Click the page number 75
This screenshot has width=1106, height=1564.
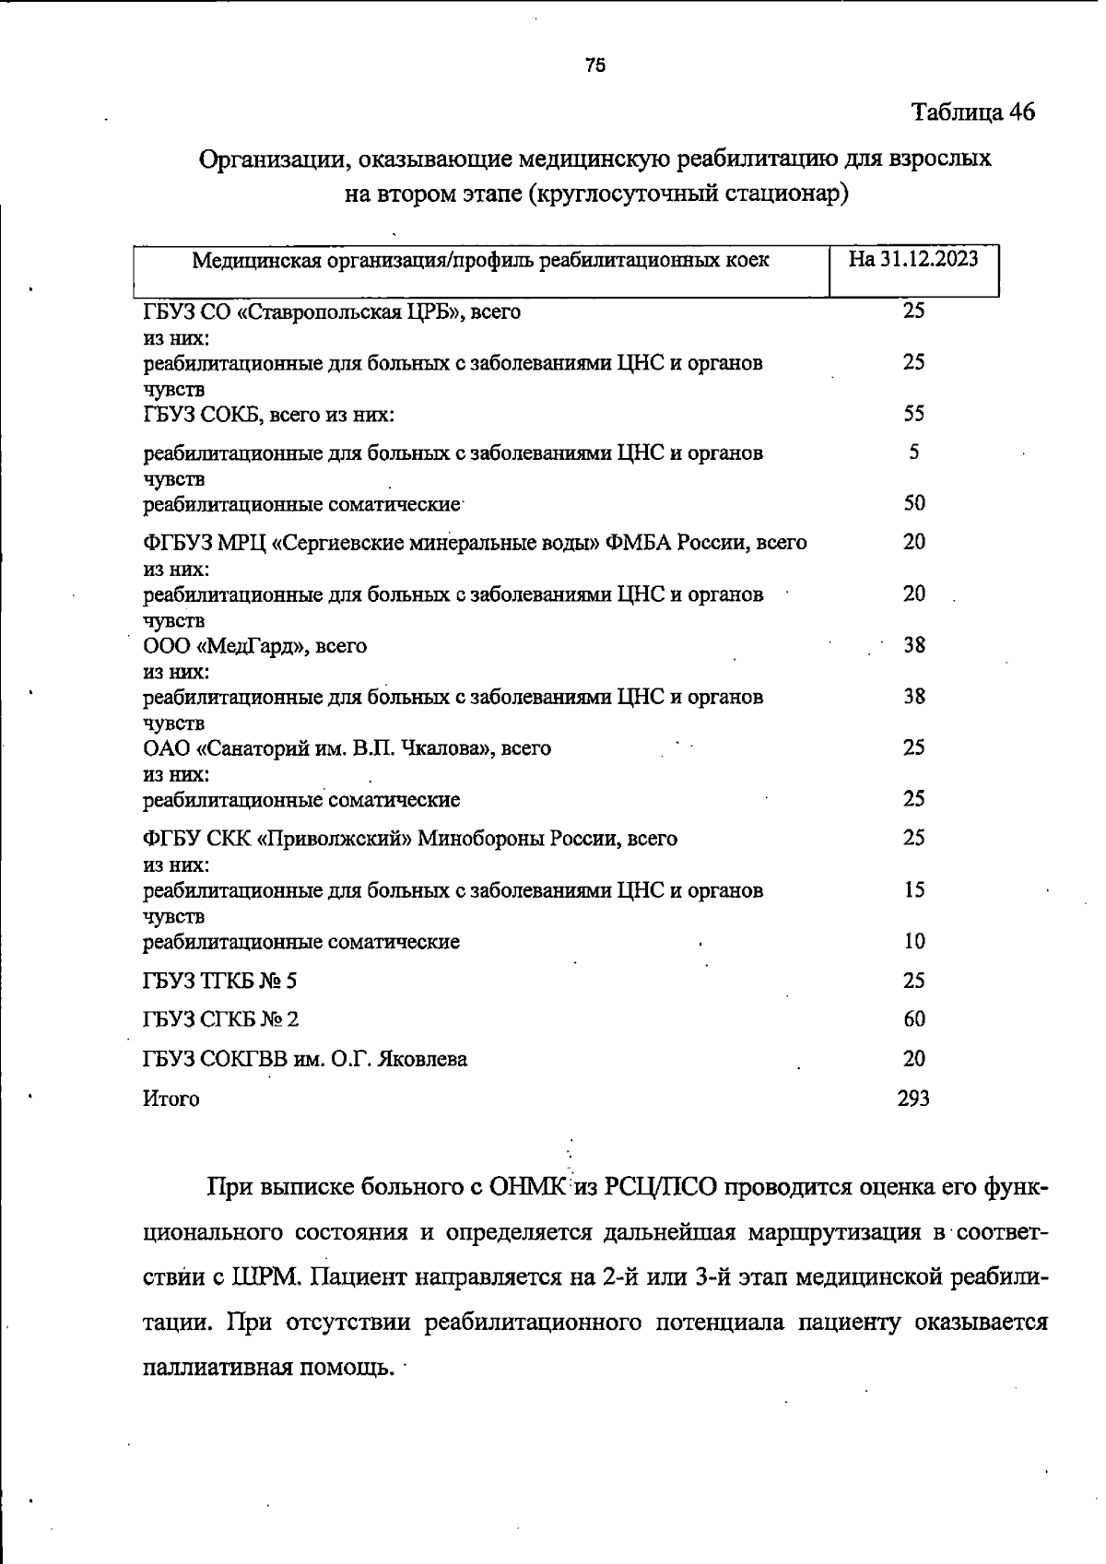point(594,65)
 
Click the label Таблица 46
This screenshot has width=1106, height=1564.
point(972,112)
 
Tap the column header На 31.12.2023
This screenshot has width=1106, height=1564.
point(912,259)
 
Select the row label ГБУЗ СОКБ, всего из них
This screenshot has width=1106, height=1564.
point(268,415)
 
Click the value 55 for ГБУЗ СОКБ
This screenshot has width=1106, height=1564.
point(913,413)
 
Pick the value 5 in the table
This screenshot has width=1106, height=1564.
point(913,453)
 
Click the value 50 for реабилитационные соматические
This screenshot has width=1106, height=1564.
point(913,503)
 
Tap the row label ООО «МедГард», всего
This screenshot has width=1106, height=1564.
point(254,646)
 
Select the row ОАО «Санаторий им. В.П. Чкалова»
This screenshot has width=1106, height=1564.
point(347,748)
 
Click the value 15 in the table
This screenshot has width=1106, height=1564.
point(913,890)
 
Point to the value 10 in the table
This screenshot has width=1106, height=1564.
point(913,942)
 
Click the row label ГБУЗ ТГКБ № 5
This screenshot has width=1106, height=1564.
point(219,981)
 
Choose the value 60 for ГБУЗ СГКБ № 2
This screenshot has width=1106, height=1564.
point(913,1019)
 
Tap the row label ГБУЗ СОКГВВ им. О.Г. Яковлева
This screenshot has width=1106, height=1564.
point(304,1060)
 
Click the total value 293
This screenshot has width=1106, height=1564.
point(912,1099)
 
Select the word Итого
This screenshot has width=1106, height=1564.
point(171,1099)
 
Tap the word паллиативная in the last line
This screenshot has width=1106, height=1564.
point(218,1367)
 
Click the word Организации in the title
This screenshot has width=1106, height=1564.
point(271,159)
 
